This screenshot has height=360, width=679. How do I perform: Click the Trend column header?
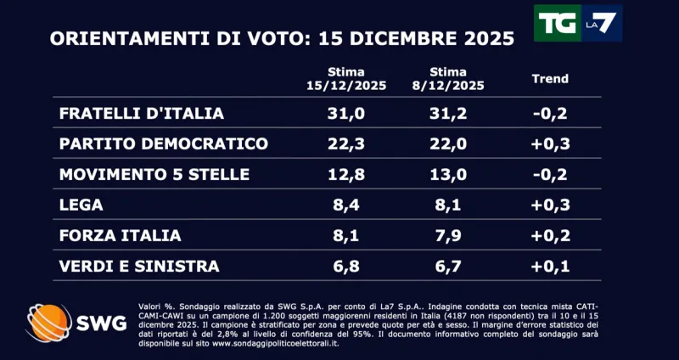tap(549, 79)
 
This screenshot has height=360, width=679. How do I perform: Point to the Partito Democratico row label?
tap(164, 143)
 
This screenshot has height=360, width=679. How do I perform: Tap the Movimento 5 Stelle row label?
tap(154, 174)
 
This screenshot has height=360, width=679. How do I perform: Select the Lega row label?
tap(83, 205)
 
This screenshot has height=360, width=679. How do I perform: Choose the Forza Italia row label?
tap(121, 235)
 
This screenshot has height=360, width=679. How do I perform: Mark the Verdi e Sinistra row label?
tap(139, 266)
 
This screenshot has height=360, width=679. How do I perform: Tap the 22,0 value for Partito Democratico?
tap(447, 143)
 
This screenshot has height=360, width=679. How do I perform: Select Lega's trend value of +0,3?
tap(549, 205)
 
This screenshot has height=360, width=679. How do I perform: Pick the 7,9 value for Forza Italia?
tap(447, 235)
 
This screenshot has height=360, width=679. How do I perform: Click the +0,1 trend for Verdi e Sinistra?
tap(549, 266)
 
